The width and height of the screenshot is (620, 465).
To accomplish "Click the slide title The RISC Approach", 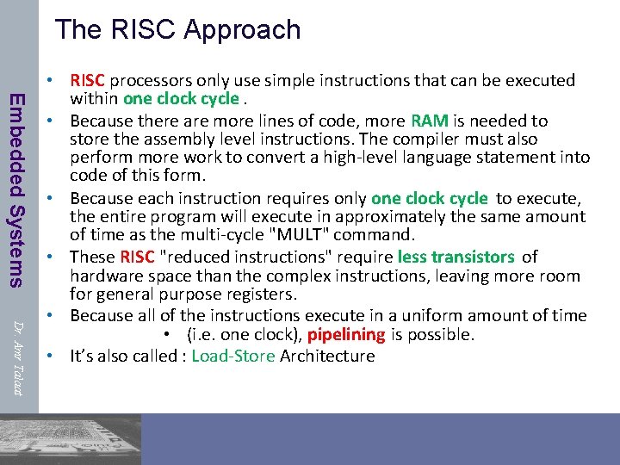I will click(x=177, y=29).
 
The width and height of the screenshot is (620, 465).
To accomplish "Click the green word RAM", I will click(x=430, y=121).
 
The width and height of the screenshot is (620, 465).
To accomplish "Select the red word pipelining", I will click(x=345, y=335).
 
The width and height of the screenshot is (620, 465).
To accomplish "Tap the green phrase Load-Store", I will click(x=232, y=356).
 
